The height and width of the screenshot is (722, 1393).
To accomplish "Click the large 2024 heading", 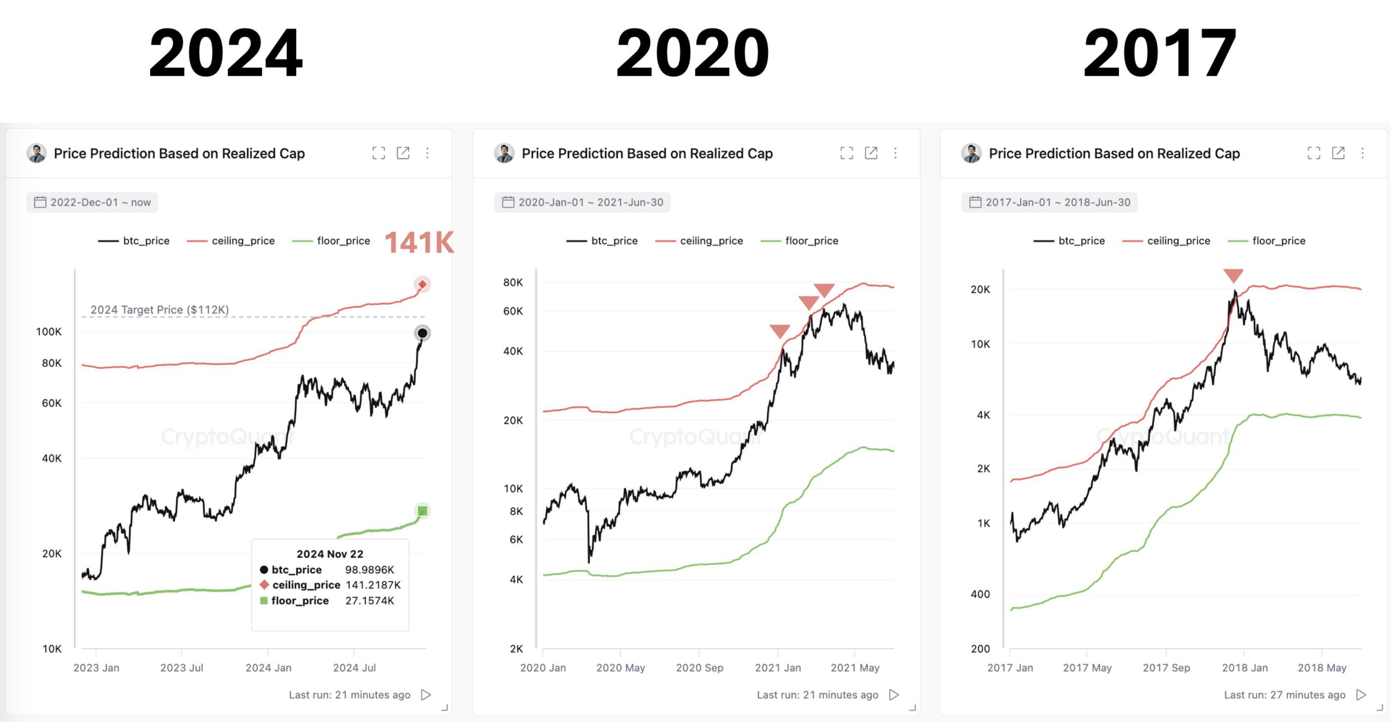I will coord(226,53).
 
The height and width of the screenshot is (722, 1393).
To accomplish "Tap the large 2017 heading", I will coord(1159,53).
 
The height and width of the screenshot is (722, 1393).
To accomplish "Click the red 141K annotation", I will coord(419,242).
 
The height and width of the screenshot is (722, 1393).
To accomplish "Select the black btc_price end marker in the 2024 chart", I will coord(422,333).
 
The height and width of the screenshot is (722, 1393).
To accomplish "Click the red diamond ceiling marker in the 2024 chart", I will coord(422,284).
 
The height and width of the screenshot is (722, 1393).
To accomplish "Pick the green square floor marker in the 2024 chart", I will coord(422,511).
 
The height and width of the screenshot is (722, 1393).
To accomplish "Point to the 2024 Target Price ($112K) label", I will coord(159,310).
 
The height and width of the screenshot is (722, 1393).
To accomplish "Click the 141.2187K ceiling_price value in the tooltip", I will coord(373,585).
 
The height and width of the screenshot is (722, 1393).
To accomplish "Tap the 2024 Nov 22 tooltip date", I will coord(330,554).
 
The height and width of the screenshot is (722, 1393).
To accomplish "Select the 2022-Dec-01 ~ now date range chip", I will coord(93,202).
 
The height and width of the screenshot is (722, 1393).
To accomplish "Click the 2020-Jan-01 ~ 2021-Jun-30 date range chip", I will coord(583,202).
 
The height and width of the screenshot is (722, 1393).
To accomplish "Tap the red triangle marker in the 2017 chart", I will coord(1233,276).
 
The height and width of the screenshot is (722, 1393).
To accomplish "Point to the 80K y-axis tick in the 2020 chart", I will coord(513,282).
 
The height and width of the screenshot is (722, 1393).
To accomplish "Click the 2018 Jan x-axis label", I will coord(1244,668).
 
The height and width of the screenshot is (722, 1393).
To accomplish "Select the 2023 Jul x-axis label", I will coord(182,668).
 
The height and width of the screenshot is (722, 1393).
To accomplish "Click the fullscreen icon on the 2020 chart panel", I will coord(846,153).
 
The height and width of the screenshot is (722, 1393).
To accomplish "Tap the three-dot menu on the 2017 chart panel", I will coord(1362,153).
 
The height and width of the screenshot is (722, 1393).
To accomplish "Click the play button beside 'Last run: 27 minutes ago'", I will coord(1361,695).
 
